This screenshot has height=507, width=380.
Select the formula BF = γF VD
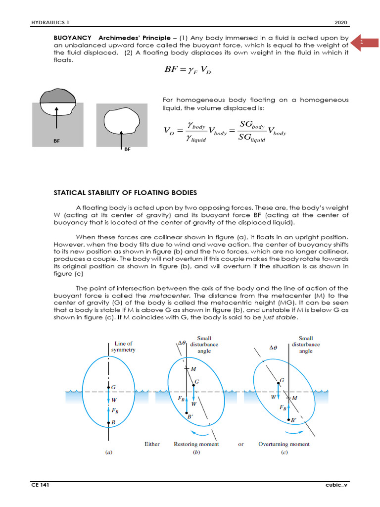189,72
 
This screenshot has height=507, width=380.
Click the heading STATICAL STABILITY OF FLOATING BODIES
125,192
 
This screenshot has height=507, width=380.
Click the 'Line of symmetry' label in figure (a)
123,346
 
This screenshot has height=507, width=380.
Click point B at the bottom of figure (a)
113,422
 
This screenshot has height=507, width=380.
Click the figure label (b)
196,453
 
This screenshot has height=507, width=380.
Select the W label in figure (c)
273,397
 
